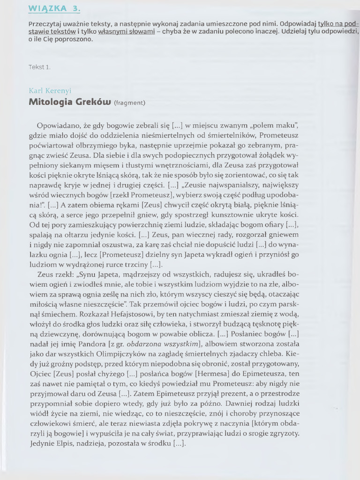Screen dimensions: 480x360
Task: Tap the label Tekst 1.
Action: click(x=39, y=67)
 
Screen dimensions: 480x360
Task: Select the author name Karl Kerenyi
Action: click(x=50, y=90)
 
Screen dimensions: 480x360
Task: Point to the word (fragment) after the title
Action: click(x=129, y=103)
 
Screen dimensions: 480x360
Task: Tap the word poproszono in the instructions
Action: click(x=75, y=39)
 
